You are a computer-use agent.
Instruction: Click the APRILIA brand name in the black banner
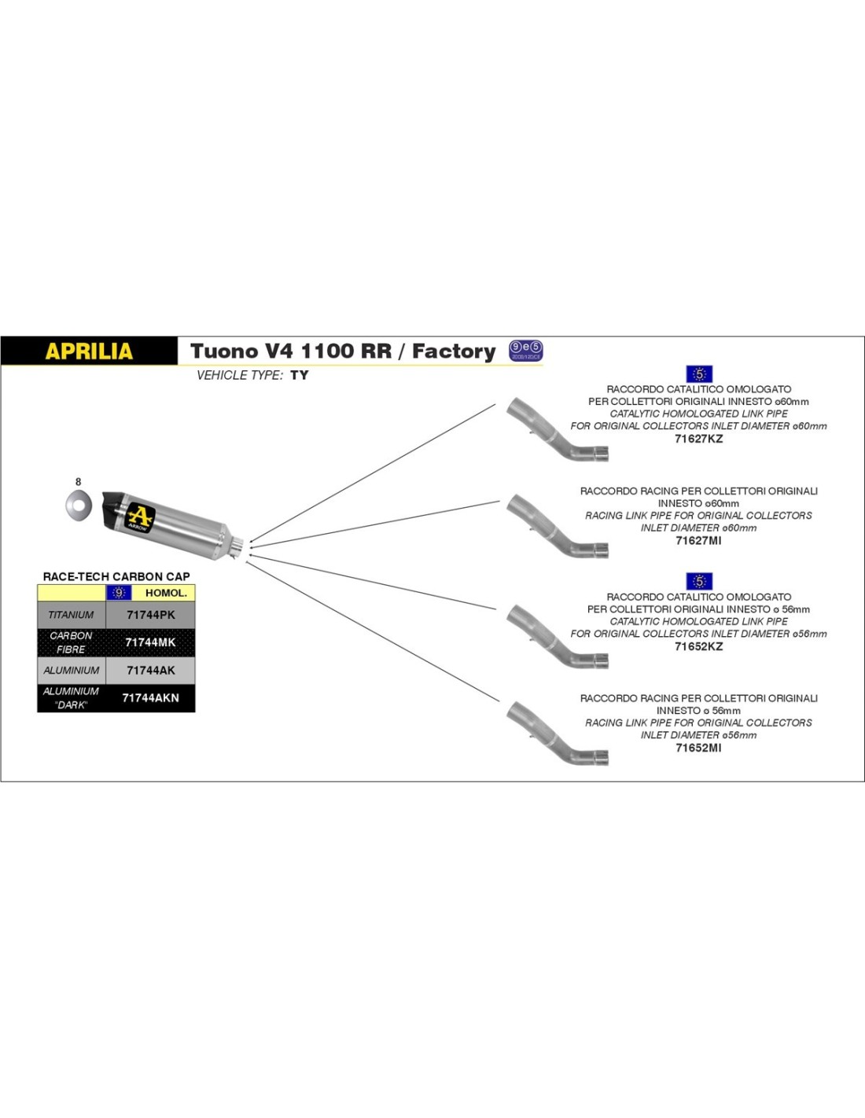[89, 351]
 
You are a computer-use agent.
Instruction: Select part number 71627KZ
[698, 439]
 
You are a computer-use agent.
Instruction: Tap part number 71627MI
[698, 540]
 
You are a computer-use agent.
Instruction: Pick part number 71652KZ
[698, 646]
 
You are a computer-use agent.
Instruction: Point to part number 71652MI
[698, 748]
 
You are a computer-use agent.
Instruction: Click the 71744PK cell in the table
[150, 615]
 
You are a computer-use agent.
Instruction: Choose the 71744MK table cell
[150, 642]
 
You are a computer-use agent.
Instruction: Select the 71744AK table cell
[150, 671]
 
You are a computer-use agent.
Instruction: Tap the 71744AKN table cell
[150, 698]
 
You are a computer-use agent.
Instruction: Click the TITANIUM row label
[71, 615]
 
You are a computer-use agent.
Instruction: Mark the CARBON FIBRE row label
[71, 642]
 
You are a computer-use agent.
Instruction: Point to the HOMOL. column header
[166, 593]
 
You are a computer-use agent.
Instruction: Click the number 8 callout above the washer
[78, 482]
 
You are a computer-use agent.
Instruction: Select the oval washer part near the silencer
[78, 504]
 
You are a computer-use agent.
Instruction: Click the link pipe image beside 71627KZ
[556, 429]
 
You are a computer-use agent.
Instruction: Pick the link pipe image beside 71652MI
[556, 734]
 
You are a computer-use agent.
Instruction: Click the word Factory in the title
[454, 351]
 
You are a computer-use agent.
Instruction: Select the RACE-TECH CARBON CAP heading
[116, 576]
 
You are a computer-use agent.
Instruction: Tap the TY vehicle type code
[300, 375]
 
